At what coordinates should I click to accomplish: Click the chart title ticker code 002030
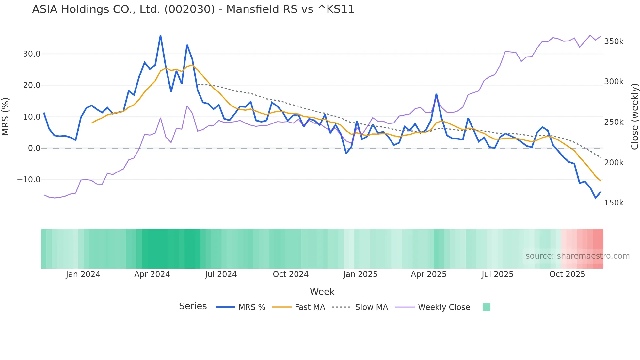(x=189, y=9)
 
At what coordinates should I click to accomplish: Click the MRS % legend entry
(x=251, y=307)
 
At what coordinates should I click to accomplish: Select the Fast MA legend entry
(x=310, y=307)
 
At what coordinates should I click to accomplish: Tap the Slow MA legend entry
(x=371, y=307)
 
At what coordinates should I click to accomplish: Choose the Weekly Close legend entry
(x=444, y=307)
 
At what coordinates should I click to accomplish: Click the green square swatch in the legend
(x=486, y=307)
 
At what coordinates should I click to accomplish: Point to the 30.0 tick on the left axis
(x=32, y=54)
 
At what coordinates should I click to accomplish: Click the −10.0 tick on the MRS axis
(x=29, y=180)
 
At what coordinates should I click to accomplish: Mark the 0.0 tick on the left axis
(x=34, y=148)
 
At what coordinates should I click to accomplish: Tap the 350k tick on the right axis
(x=614, y=41)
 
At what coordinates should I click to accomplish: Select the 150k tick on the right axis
(x=614, y=203)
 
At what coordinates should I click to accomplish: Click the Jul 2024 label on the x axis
(x=221, y=274)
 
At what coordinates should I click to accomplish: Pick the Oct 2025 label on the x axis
(x=567, y=274)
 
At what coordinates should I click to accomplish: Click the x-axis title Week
(x=322, y=292)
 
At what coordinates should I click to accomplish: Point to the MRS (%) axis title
(x=6, y=117)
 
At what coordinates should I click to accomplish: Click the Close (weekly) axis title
(x=634, y=117)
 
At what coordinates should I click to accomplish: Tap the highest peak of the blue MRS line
(x=160, y=36)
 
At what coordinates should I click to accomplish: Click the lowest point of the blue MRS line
(x=596, y=198)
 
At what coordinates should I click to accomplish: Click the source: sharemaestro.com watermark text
(x=577, y=256)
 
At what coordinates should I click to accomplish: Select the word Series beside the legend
(x=193, y=306)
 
